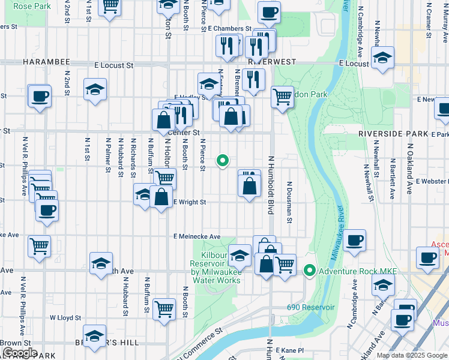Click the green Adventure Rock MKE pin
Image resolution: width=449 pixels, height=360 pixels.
click(310, 271)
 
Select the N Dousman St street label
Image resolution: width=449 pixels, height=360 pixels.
click(289, 202)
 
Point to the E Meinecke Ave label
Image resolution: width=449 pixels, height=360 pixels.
click(198, 237)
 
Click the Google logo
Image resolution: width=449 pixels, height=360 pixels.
click(20, 353)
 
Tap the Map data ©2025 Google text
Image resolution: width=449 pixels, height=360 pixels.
click(411, 355)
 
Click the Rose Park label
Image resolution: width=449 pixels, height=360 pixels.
click(31, 6)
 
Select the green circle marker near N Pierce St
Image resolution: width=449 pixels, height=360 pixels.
click(223, 160)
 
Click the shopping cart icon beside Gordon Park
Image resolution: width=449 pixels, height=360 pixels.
click(282, 95)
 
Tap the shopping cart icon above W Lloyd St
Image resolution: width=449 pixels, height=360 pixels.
click(164, 308)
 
